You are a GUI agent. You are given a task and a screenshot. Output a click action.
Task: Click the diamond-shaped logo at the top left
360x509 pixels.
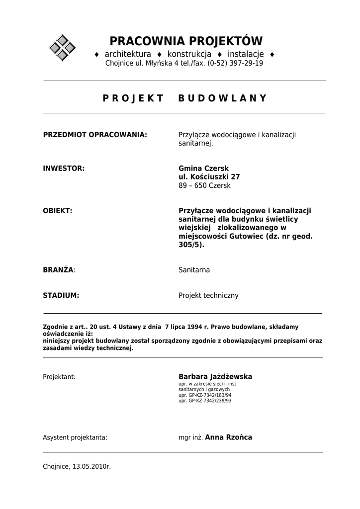point(62,48)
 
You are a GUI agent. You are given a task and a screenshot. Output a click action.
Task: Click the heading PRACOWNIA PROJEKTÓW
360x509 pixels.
point(185,41)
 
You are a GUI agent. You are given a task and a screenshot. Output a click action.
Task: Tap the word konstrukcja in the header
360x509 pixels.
point(189,54)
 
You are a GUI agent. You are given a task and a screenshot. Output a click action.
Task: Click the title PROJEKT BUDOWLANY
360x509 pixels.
point(185,98)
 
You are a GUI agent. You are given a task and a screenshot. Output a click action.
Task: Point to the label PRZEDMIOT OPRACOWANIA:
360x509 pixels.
point(95,135)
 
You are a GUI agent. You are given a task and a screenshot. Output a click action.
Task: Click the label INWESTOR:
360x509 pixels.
point(64,169)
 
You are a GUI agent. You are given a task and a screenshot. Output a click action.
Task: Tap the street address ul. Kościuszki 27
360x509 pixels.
point(209,177)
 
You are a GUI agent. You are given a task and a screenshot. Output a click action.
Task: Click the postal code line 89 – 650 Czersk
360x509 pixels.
point(204,186)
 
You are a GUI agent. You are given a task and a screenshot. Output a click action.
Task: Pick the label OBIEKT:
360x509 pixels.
point(58,211)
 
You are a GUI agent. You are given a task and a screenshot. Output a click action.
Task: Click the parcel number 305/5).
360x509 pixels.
point(191,245)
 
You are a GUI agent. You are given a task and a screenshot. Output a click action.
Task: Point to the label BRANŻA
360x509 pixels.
point(58,270)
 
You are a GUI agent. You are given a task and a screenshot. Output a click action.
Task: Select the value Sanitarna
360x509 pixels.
point(194,270)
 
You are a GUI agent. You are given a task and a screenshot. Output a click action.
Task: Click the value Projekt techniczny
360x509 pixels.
point(208,295)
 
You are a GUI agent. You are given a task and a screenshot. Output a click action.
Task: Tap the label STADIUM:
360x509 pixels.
point(61,295)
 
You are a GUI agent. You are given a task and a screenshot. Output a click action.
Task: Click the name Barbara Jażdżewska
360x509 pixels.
point(215,377)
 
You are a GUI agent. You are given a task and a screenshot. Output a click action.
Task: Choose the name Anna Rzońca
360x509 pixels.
point(228,437)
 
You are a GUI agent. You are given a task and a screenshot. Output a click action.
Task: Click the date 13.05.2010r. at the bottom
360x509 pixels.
point(91,467)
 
